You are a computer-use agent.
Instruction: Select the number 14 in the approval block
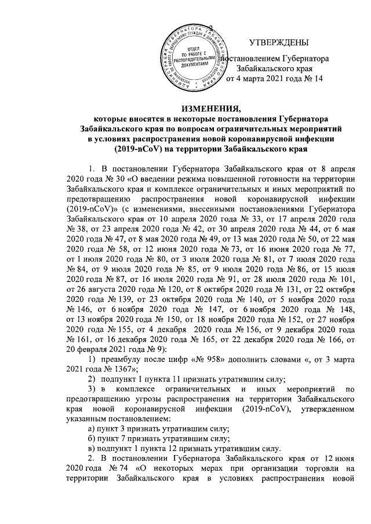coord(316,78)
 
